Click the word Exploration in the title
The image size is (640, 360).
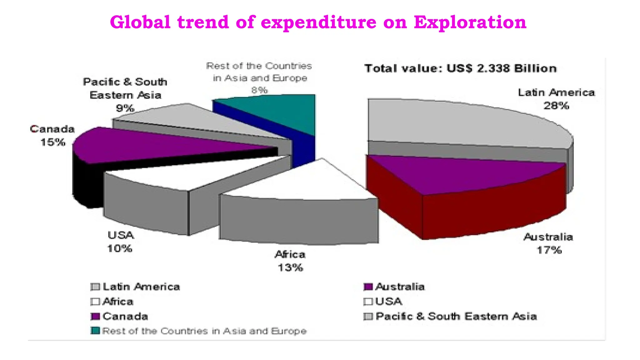coord(470,22)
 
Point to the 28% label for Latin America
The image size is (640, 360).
coord(556,106)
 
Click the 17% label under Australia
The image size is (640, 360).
coord(549,250)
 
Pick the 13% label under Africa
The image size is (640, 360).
coord(290,268)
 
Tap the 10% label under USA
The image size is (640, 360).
coord(120,249)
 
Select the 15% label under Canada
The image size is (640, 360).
coord(53,142)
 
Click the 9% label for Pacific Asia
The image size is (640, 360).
coord(125,108)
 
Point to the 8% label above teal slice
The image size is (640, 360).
coord(259,90)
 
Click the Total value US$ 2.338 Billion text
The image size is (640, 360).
coord(461,68)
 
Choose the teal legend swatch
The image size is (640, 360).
coord(95,331)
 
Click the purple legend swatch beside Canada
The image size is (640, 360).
coord(95,316)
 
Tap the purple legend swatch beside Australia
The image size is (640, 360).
coord(368,287)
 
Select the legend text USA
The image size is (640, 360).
coord(388,301)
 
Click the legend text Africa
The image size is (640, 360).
coord(118,302)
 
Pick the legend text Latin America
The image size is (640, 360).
coord(141,287)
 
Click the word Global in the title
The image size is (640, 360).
coord(140,22)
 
